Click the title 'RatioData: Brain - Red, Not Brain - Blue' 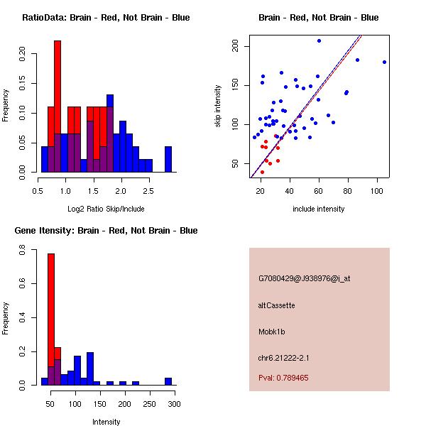(106, 18)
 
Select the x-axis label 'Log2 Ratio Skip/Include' (106, 209)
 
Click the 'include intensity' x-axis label (319, 209)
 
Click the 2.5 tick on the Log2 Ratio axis (148, 190)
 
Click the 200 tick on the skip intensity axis (235, 46)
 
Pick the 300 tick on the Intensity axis (174, 403)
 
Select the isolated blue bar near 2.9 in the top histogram (168, 159)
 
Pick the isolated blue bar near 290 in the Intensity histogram (168, 381)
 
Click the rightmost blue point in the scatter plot (384, 62)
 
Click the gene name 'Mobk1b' (273, 332)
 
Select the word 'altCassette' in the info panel (276, 305)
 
